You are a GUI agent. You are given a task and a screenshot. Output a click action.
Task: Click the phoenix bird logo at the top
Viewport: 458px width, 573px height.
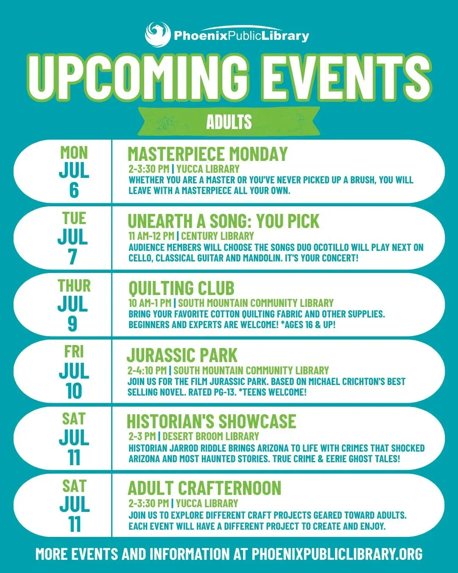pos(158,35)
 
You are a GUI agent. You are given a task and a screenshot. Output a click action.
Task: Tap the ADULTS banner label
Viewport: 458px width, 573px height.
pos(229,122)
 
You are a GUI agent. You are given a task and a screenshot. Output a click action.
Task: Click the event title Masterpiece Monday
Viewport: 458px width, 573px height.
pos(207,154)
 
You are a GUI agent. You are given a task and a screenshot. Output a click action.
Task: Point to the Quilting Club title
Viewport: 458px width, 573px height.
pos(181,288)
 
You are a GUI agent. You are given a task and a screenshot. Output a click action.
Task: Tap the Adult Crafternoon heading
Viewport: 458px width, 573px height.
pos(204,488)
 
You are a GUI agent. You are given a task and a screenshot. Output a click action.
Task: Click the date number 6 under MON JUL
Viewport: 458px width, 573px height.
pos(74,191)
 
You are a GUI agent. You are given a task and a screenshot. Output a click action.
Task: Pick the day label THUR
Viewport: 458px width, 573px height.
pos(74,286)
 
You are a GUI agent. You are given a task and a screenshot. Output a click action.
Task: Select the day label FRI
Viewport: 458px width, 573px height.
pos(74,352)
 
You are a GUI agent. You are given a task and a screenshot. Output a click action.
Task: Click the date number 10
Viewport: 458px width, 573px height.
pos(74,391)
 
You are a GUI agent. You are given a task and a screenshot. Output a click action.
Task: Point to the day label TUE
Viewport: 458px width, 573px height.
pos(74,218)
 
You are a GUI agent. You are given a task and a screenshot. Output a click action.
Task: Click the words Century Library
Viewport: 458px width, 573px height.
pos(218,236)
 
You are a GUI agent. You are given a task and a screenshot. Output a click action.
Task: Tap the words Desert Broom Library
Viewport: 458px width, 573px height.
pos(211,436)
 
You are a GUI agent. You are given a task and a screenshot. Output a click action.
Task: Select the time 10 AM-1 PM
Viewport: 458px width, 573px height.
pos(150,303)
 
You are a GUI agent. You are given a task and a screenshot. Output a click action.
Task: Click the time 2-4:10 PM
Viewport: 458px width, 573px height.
pos(147,370)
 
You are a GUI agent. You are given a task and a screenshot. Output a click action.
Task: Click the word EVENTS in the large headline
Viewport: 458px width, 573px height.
pos(346,78)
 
